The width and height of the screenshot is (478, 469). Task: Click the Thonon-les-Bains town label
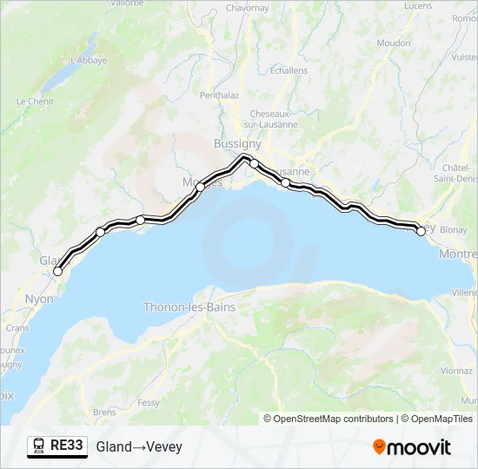point(189,307)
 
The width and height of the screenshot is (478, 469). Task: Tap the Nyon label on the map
point(40,299)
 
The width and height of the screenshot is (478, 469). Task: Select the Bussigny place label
point(237,143)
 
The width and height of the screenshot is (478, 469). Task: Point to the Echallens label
point(289,70)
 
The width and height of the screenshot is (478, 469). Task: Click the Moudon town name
point(394,43)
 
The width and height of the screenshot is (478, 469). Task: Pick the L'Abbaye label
point(88,60)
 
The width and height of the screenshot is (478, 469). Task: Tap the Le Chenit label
point(35,101)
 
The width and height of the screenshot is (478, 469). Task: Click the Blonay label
point(454,230)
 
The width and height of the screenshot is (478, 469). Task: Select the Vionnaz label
point(456,370)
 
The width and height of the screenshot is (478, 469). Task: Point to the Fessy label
point(148,403)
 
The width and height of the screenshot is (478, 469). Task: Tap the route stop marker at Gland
point(58,271)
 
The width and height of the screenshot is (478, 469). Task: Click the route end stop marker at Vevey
point(422,231)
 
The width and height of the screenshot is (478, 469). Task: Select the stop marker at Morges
point(200,187)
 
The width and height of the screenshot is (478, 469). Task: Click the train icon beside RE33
point(39,446)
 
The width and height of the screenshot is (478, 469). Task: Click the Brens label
point(104,412)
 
